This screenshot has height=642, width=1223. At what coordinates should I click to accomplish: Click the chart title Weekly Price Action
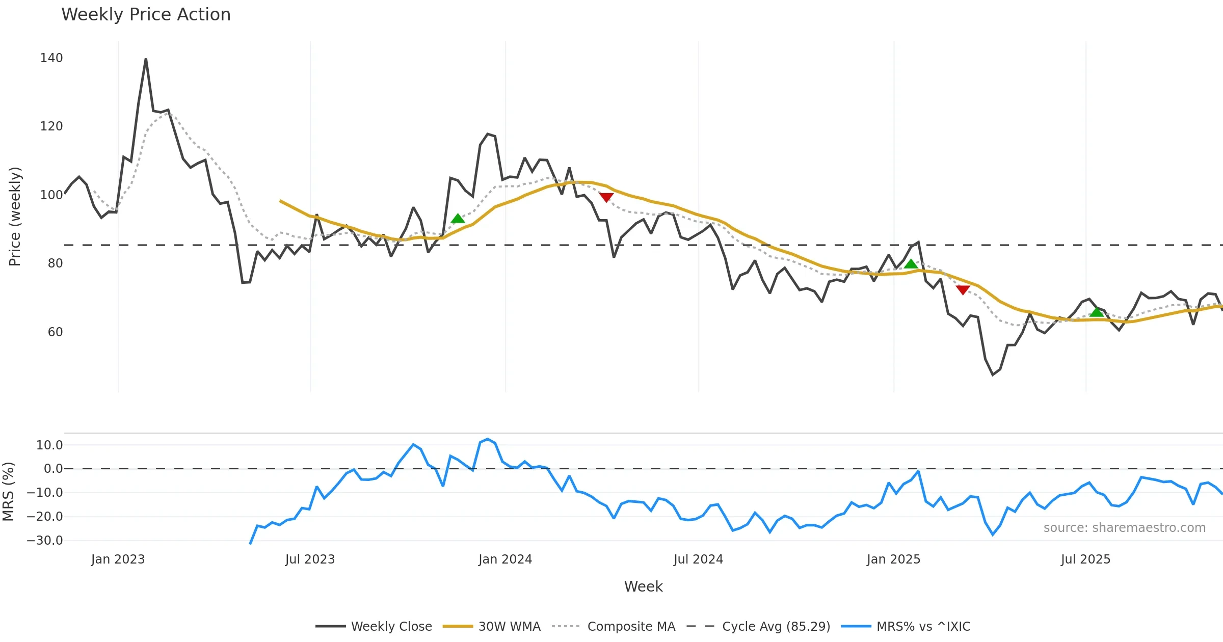pyautogui.click(x=146, y=15)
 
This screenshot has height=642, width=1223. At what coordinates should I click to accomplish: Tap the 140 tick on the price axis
pyautogui.click(x=51, y=58)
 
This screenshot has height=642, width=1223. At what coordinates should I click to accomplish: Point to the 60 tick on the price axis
pyautogui.click(x=55, y=332)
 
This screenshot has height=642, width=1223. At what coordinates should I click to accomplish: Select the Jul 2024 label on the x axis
pyautogui.click(x=698, y=559)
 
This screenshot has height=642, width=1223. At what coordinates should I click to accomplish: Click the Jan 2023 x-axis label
pyautogui.click(x=118, y=559)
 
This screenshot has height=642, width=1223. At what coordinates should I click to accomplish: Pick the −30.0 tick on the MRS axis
pyautogui.click(x=45, y=541)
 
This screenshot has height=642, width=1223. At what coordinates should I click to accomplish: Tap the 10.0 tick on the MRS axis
pyautogui.click(x=49, y=445)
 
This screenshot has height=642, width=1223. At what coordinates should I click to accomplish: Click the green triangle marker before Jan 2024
pyautogui.click(x=458, y=219)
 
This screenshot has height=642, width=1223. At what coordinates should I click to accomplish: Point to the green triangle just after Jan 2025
pyautogui.click(x=911, y=264)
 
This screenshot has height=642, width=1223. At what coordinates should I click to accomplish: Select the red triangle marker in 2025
pyautogui.click(x=963, y=290)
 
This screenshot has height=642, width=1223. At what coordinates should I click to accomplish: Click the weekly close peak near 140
pyautogui.click(x=146, y=60)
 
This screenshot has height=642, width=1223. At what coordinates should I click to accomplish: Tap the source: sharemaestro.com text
pyautogui.click(x=1124, y=528)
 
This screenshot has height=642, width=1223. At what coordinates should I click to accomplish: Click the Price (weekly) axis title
pyautogui.click(x=15, y=217)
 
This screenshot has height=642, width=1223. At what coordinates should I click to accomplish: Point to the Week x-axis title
pyautogui.click(x=643, y=587)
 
